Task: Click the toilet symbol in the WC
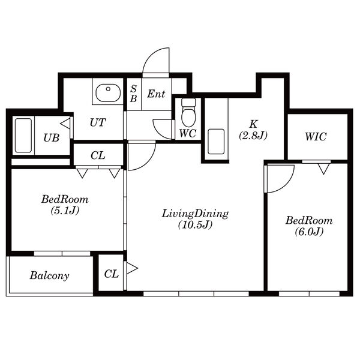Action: (188, 112)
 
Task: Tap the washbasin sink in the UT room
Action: (108, 93)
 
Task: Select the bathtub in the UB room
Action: (23, 136)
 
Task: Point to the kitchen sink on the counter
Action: (216, 142)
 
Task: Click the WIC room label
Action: (316, 137)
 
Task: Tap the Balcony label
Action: (49, 275)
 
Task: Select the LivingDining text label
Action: (195, 214)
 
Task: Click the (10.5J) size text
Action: (195, 225)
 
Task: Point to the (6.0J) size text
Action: (309, 232)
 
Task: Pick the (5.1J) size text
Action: (65, 210)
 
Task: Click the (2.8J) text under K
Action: (253, 135)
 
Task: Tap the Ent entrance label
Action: (156, 94)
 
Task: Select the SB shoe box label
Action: (133, 94)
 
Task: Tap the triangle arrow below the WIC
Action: (324, 169)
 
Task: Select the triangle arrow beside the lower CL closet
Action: (132, 268)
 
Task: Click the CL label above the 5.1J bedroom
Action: (98, 155)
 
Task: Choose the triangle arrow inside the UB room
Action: (65, 124)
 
